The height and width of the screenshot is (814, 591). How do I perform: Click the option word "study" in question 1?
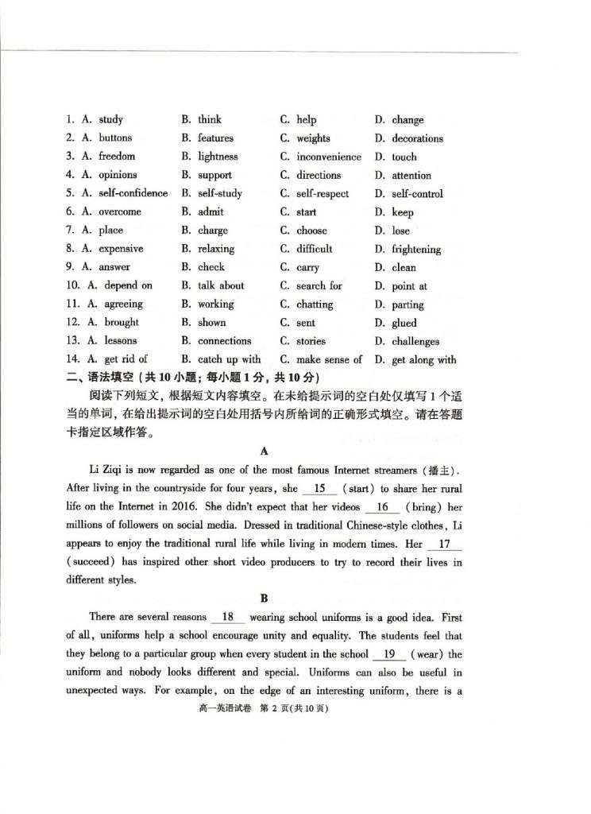point(110,120)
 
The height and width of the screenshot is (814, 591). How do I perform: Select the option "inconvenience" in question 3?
point(328,157)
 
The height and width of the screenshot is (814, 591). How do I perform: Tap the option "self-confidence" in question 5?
point(133,193)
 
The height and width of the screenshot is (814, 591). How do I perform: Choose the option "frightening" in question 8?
point(416,249)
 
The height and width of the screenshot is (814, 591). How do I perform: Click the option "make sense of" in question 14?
point(329,359)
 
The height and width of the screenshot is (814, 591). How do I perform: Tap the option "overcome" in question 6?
point(120,211)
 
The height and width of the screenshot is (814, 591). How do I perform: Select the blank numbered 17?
point(444,545)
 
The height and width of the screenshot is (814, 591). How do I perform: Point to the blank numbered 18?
point(227,617)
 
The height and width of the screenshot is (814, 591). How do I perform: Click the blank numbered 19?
point(389,654)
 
